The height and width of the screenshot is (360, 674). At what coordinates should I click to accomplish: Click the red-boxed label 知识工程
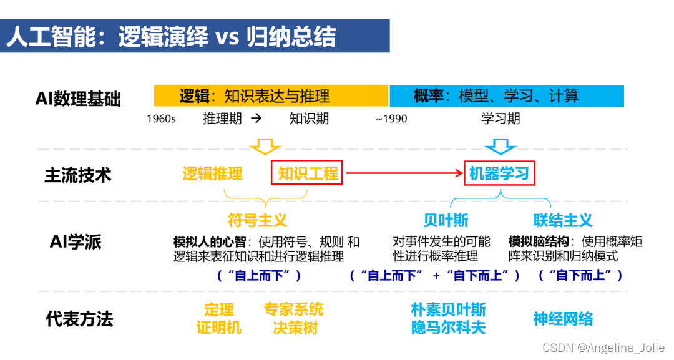[x=308, y=173]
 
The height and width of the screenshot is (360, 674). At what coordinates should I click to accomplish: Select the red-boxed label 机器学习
[x=499, y=173]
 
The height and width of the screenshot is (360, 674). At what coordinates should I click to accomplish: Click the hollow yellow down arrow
[x=265, y=147]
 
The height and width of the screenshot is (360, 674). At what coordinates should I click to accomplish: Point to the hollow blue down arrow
[x=501, y=147]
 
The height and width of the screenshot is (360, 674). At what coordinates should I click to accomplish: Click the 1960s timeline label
[x=161, y=119]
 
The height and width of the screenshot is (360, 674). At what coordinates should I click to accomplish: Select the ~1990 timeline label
[x=391, y=119]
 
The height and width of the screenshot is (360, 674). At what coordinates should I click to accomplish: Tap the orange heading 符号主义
[x=257, y=220]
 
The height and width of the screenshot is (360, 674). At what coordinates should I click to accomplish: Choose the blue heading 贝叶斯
[x=446, y=220]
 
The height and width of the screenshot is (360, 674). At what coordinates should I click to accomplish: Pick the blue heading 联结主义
[x=563, y=220]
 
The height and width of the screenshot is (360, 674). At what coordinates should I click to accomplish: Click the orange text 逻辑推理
[x=212, y=173]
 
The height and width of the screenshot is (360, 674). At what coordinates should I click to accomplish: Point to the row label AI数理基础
[x=78, y=99]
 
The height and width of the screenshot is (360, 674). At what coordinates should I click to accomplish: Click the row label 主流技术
[x=77, y=175]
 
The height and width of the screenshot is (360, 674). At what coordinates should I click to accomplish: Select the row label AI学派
[x=76, y=242]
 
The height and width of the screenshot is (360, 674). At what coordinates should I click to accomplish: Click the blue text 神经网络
[x=563, y=319]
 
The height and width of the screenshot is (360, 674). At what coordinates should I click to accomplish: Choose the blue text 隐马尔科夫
[x=448, y=328]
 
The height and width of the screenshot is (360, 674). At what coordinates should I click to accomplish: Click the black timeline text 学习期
[x=501, y=119]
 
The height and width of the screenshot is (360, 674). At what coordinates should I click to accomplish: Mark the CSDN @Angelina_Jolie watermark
[x=603, y=348]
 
